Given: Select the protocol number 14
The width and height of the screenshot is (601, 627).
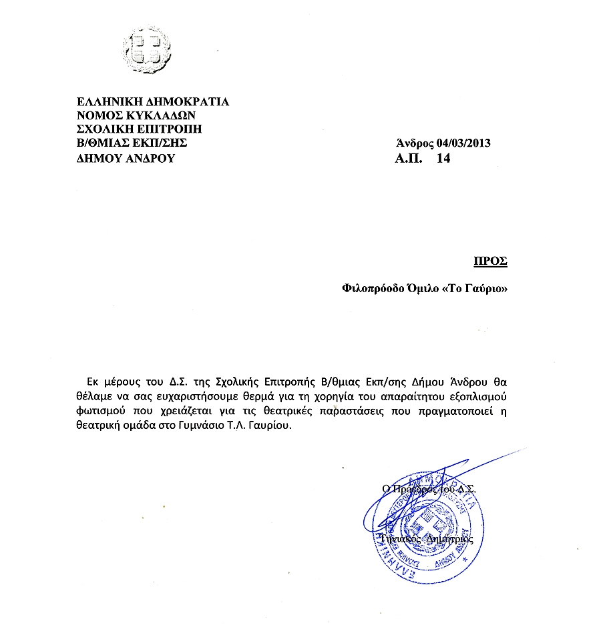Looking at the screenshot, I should coord(443,159).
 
